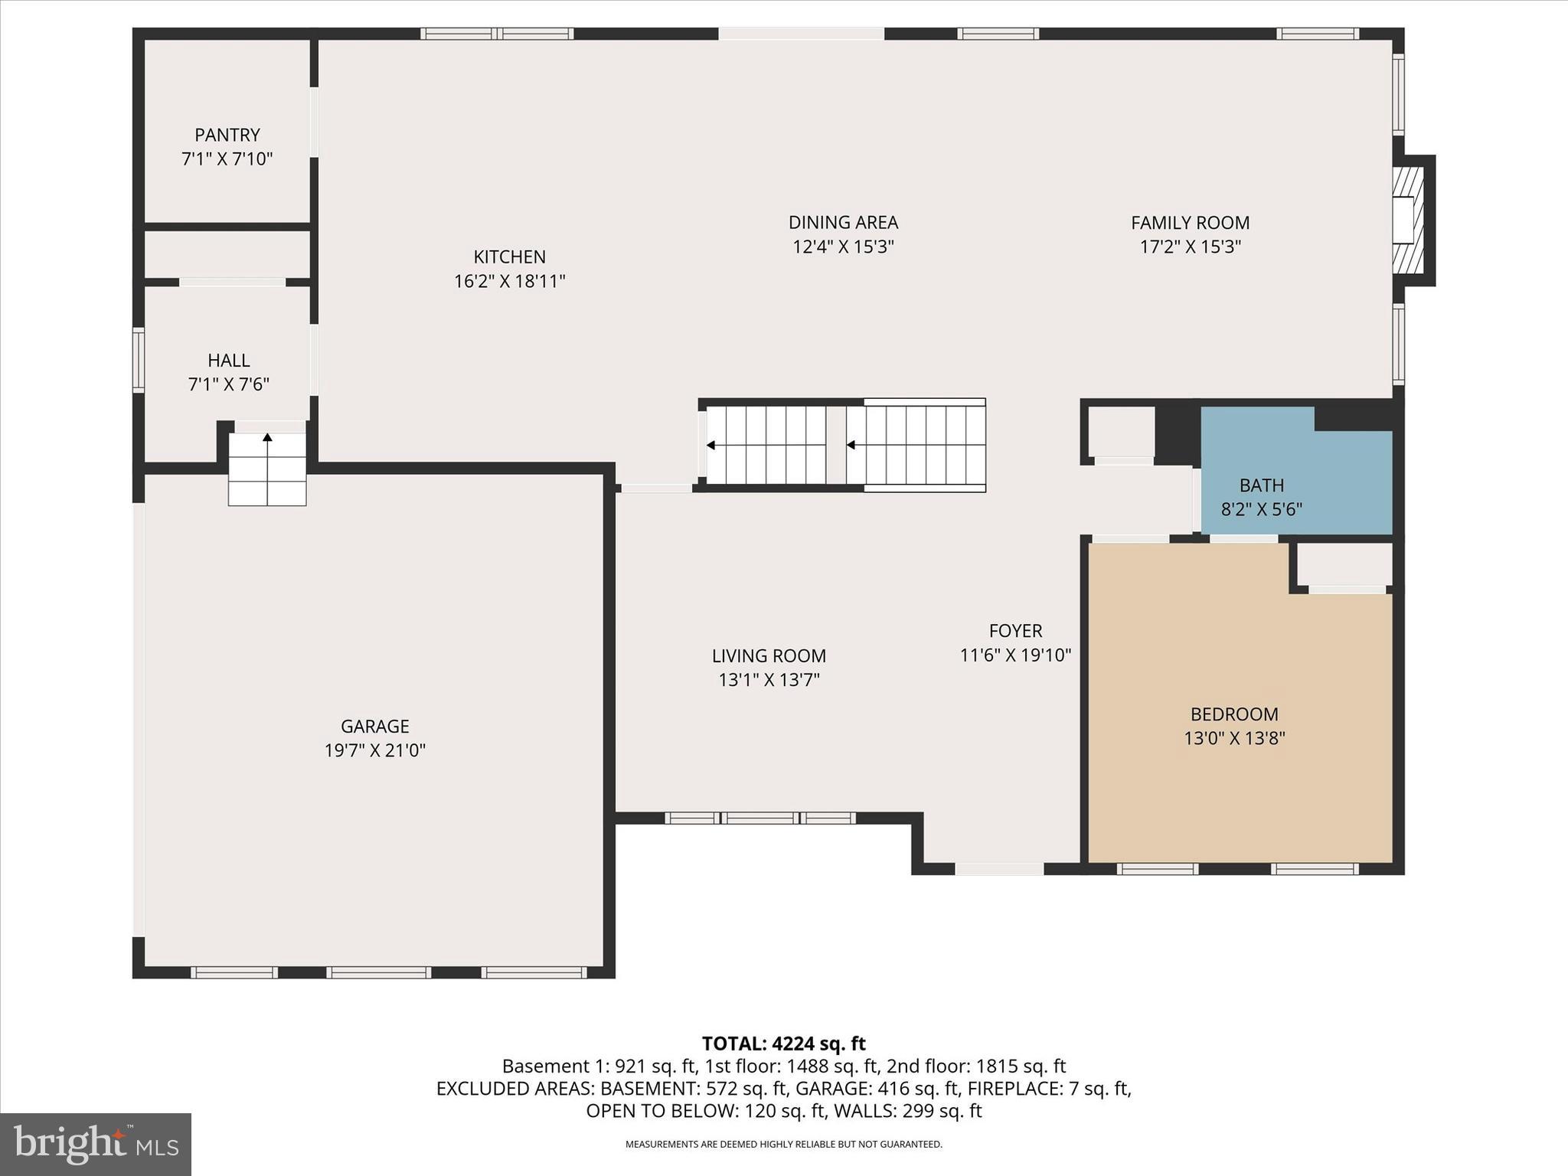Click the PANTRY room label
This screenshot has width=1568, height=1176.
click(x=227, y=135)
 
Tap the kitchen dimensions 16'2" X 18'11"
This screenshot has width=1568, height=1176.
click(x=509, y=281)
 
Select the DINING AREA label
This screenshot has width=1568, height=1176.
click(x=843, y=222)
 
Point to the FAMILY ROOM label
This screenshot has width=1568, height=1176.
click(x=1190, y=222)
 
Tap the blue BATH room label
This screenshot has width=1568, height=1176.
click(x=1261, y=485)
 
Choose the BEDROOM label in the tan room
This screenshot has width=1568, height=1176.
click(x=1233, y=714)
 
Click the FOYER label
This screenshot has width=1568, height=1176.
click(x=1015, y=630)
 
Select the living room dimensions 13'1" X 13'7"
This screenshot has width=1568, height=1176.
click(x=769, y=680)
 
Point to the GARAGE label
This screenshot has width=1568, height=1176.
click(x=374, y=725)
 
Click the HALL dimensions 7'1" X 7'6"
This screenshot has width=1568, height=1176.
click(x=228, y=384)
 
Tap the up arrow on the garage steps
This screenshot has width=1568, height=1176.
click(x=267, y=438)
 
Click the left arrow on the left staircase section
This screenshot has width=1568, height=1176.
click(x=710, y=445)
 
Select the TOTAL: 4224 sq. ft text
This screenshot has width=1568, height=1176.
click(x=783, y=1043)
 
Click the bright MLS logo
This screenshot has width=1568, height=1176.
click(x=96, y=1144)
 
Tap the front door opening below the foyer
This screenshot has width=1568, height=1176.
click(x=999, y=868)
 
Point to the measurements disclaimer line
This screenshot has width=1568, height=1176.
click(x=783, y=1145)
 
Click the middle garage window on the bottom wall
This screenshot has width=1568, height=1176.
click(x=378, y=972)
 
